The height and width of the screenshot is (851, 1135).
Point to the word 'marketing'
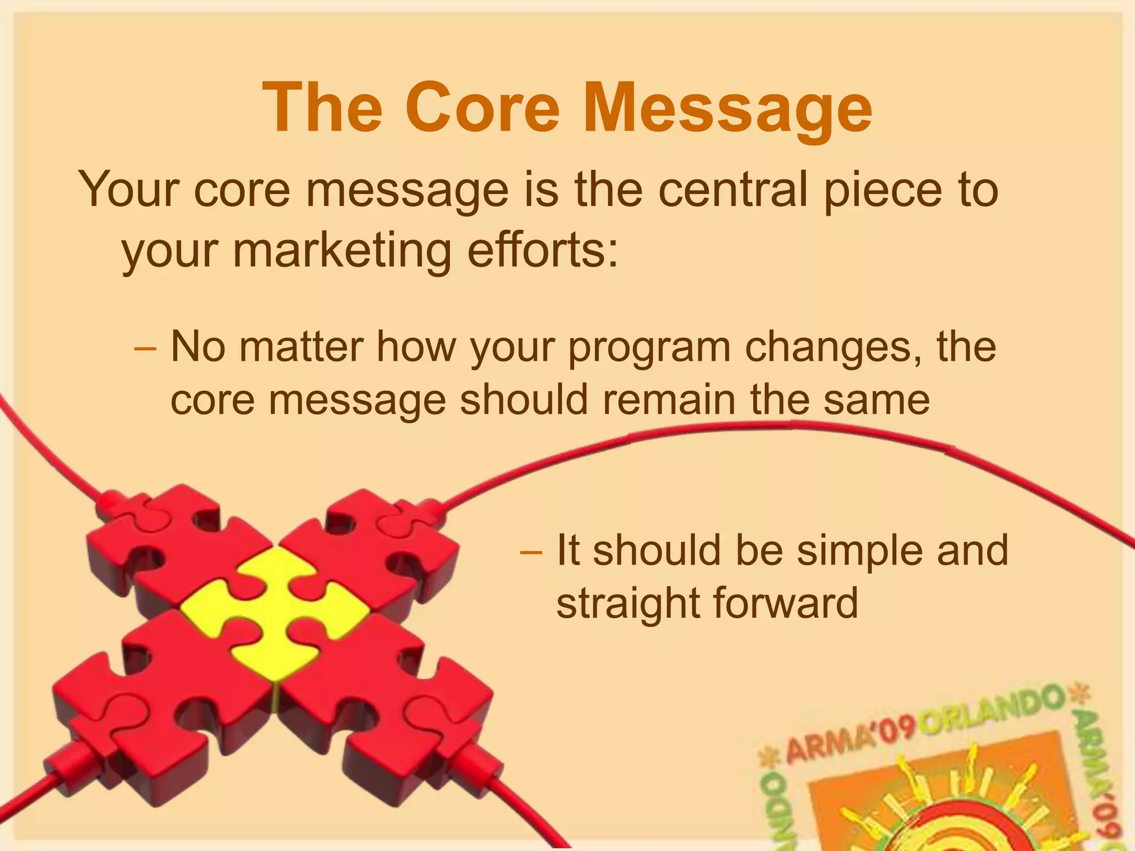point(342,250)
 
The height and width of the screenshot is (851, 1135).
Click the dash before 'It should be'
point(530,551)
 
